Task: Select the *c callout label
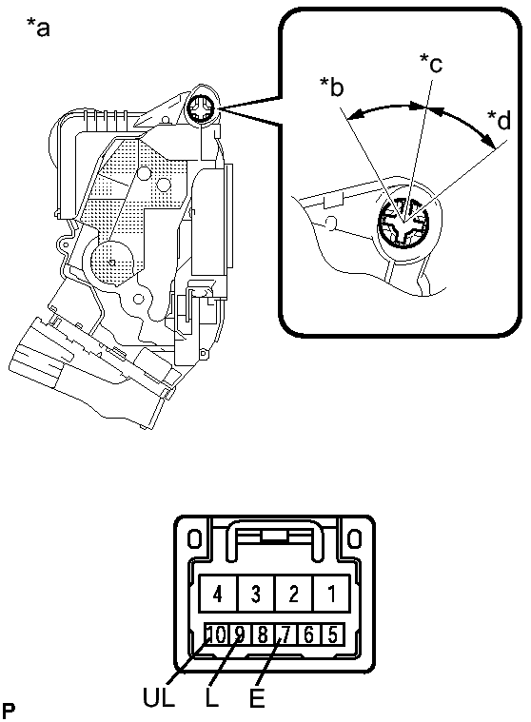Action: pos(431,63)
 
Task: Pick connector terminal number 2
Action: pos(294,595)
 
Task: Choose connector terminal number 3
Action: pos(255,595)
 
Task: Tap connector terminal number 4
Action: pos(218,595)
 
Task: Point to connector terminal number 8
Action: pos(263,633)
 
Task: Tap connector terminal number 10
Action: pos(217,633)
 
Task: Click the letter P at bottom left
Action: pos(9,710)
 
